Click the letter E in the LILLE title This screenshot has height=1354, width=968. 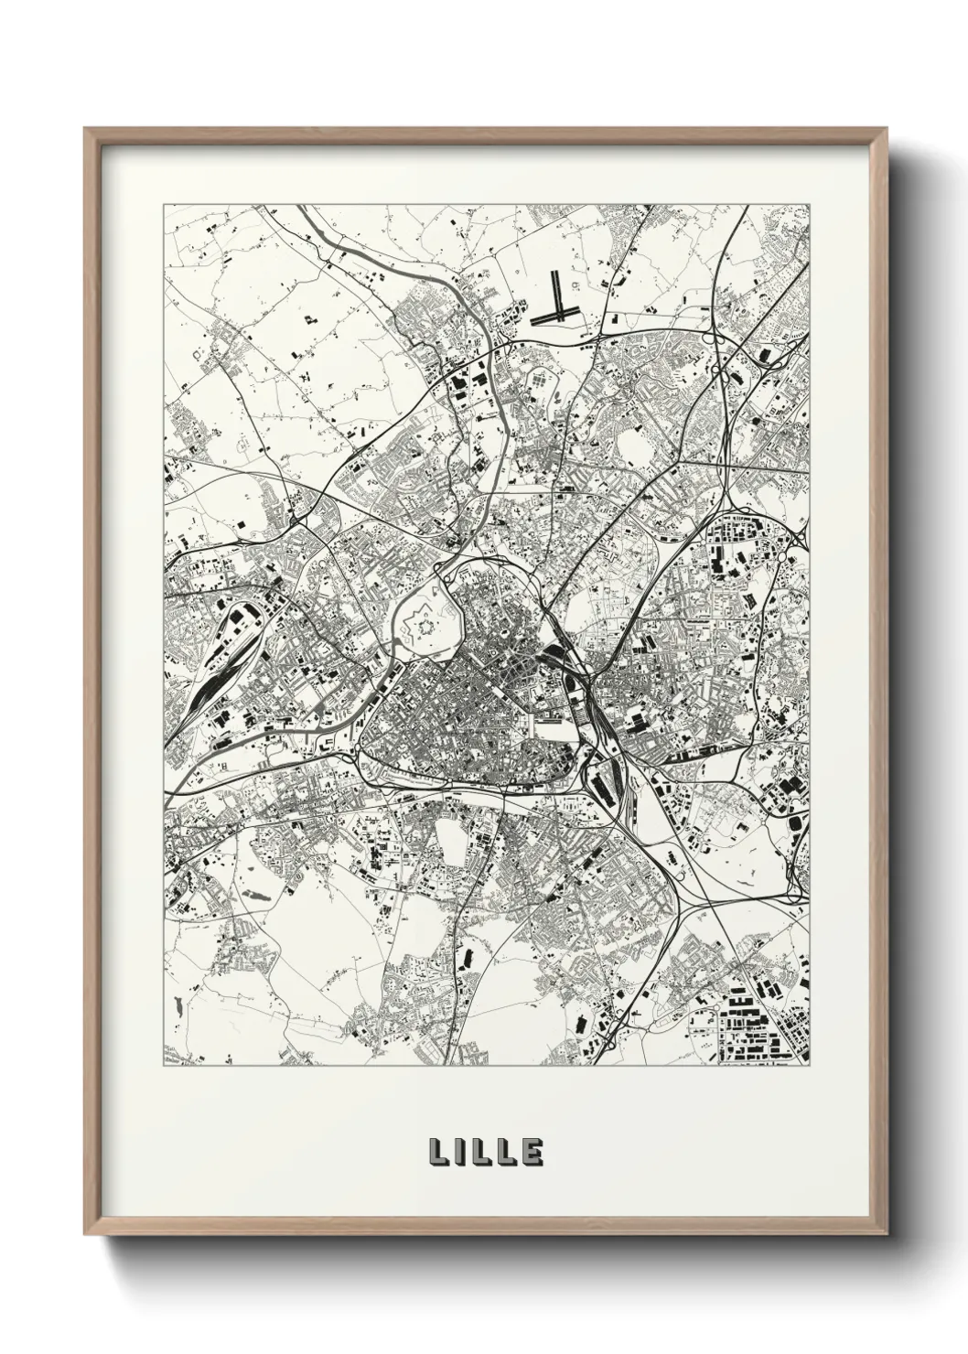click(532, 1153)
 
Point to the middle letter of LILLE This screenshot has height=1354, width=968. click(482, 1153)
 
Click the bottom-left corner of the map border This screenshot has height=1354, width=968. click(164, 1066)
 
